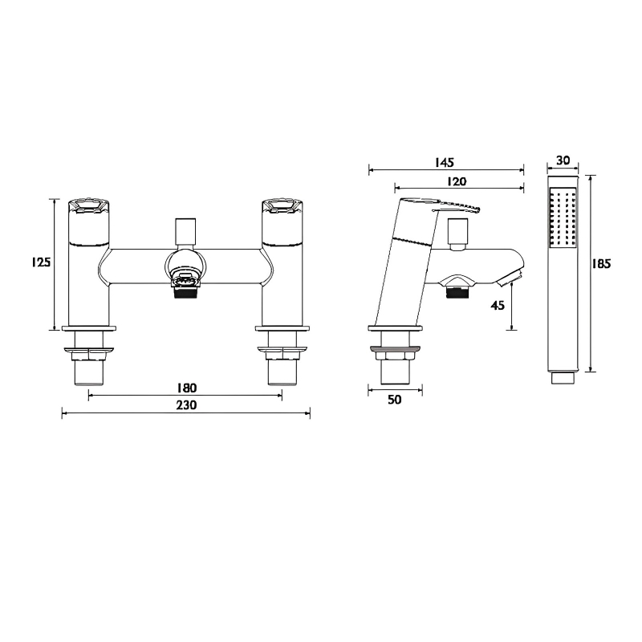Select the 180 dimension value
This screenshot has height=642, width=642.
tap(185, 388)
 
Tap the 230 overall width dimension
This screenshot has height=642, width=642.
tap(185, 406)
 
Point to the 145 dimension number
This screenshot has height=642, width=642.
tap(445, 161)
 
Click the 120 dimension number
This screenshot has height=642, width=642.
tap(458, 181)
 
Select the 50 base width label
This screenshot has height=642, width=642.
tap(393, 400)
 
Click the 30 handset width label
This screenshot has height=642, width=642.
tap(562, 160)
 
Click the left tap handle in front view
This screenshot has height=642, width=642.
tap(89, 207)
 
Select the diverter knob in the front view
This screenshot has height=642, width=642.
tap(185, 229)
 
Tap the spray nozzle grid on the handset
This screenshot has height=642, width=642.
tap(562, 218)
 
